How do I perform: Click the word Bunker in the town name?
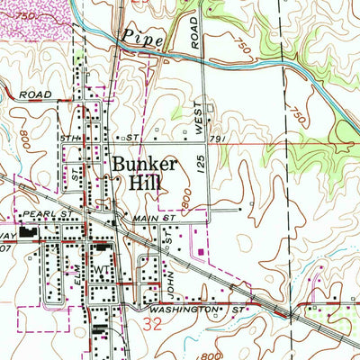145,166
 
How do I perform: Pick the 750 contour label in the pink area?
27,17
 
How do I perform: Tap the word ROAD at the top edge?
194,33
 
